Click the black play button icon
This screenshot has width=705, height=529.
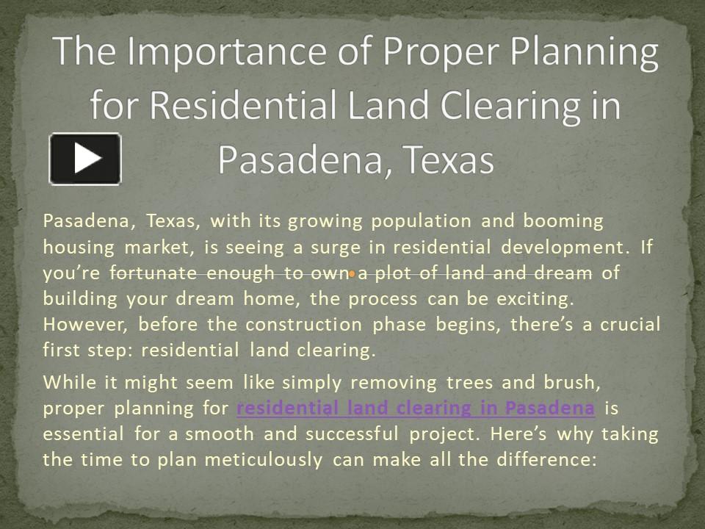point(85,159)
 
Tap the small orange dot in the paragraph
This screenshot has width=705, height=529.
point(352,274)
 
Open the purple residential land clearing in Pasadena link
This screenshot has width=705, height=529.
point(416,408)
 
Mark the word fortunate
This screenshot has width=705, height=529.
point(153,273)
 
